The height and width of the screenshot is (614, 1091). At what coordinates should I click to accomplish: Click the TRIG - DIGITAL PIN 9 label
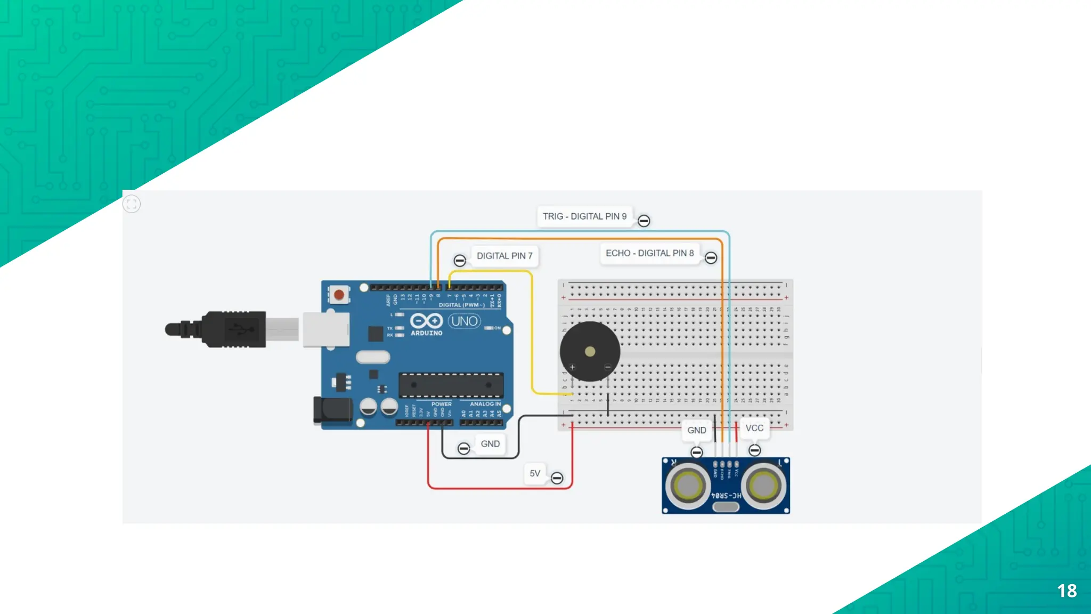click(584, 216)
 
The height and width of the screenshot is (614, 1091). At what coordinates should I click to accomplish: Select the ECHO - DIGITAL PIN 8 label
click(649, 253)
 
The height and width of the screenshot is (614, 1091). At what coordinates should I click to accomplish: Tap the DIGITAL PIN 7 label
click(504, 256)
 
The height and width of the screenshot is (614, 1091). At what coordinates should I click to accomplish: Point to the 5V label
click(535, 473)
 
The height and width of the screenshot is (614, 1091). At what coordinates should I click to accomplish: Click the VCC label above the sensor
click(754, 428)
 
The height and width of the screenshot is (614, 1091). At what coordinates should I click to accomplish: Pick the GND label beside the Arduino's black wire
click(490, 444)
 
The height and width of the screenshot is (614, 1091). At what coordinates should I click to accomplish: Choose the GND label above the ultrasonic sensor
click(697, 430)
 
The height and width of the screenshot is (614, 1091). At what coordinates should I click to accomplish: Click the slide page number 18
click(1066, 591)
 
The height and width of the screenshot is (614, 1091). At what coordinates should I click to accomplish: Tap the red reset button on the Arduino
click(339, 294)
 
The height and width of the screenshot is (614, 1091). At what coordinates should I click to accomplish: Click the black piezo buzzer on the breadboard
click(590, 351)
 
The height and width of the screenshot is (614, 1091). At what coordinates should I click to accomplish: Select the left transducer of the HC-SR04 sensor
click(688, 486)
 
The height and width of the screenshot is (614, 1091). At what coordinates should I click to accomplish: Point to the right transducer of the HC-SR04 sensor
click(763, 486)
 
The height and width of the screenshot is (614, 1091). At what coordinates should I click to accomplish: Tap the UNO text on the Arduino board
click(465, 321)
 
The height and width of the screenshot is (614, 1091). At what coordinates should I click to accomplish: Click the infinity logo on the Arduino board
click(426, 321)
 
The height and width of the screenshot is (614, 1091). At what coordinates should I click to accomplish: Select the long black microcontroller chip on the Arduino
click(451, 385)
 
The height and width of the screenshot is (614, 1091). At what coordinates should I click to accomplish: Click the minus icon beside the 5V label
click(557, 478)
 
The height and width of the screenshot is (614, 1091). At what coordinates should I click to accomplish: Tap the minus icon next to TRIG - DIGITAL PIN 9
click(644, 221)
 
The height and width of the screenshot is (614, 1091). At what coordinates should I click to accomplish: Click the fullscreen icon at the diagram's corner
click(132, 204)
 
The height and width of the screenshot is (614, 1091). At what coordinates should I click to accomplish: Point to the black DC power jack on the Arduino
click(333, 411)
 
